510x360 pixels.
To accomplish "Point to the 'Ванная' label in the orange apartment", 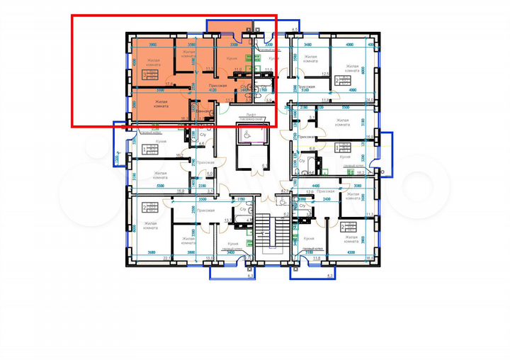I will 202,112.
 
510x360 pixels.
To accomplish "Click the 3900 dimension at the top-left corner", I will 144,44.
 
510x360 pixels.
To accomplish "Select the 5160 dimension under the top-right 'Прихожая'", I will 307,91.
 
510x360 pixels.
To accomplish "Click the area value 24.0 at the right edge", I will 368,100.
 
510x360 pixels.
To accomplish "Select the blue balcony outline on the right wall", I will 387,151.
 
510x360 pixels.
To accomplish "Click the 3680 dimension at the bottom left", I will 151,253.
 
